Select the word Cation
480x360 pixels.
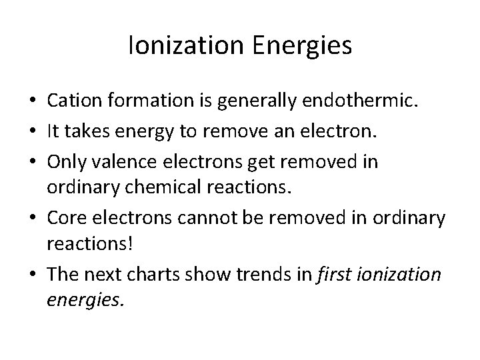click(x=72, y=101)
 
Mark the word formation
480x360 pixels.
click(x=139, y=101)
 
